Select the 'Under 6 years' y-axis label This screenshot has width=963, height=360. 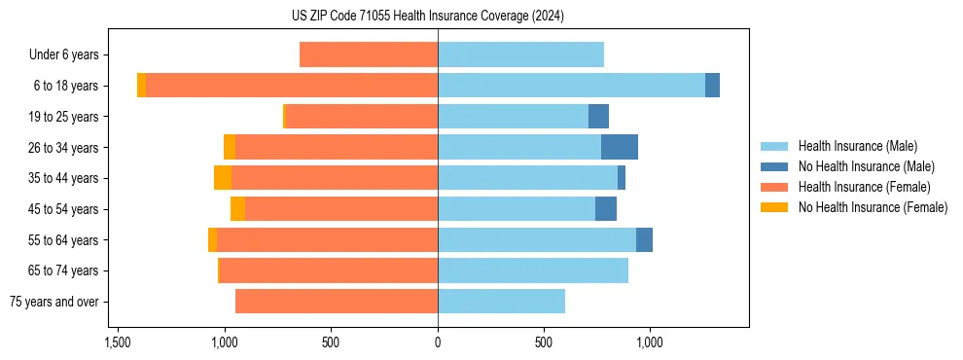pyautogui.click(x=63, y=55)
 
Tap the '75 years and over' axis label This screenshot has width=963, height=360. pyautogui.click(x=54, y=302)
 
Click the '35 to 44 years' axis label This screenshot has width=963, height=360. pyautogui.click(x=63, y=178)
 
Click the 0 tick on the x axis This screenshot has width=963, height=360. pyautogui.click(x=438, y=342)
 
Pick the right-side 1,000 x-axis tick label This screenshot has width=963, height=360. pyautogui.click(x=650, y=342)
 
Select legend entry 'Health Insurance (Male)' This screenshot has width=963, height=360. pyautogui.click(x=857, y=146)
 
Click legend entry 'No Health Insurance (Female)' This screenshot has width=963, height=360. pyautogui.click(x=873, y=207)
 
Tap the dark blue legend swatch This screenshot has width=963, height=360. pyautogui.click(x=777, y=166)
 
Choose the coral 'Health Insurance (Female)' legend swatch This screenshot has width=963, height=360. pyautogui.click(x=777, y=187)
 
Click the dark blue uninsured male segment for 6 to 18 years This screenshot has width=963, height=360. pyautogui.click(x=712, y=86)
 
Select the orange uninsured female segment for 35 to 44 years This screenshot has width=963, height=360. pyautogui.click(x=223, y=178)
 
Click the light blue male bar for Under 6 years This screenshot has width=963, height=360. pyautogui.click(x=520, y=55)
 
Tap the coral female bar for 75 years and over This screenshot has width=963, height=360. pyautogui.click(x=337, y=302)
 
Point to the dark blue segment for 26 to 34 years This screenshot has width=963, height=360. pyautogui.click(x=620, y=148)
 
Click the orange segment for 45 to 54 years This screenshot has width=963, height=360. pyautogui.click(x=237, y=209)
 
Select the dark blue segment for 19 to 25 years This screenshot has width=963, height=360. pyautogui.click(x=598, y=117)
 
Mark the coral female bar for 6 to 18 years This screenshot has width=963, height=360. pyautogui.click(x=292, y=86)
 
